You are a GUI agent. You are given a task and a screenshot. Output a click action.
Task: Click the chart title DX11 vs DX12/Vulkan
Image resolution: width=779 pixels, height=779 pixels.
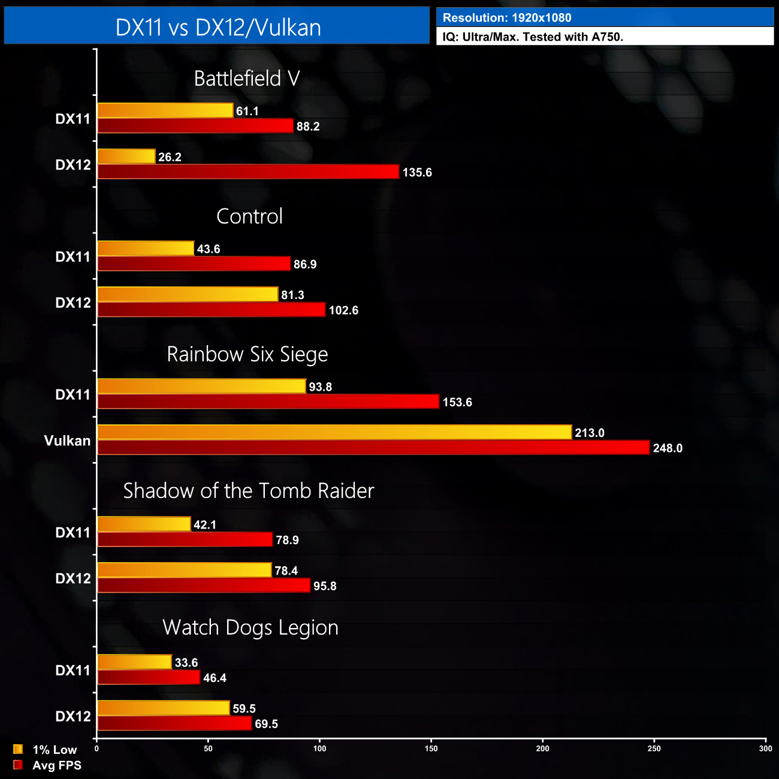tap(218, 28)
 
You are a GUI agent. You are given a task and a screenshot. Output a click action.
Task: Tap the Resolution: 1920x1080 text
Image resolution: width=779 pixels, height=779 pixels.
tap(507, 18)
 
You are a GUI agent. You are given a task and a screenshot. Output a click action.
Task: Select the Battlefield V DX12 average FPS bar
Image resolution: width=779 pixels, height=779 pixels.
tap(248, 172)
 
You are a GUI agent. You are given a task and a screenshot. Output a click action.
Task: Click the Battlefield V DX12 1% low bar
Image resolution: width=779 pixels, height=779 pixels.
tap(126, 156)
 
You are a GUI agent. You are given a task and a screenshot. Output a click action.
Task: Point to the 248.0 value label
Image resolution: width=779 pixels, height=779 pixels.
tap(668, 448)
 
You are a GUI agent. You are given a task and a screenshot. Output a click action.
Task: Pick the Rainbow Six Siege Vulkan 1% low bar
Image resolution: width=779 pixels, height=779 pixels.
tap(334, 432)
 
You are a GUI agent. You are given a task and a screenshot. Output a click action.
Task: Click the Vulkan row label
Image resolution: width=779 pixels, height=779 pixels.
tap(67, 441)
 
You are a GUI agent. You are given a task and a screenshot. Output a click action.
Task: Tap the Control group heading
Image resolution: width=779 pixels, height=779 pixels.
tap(249, 216)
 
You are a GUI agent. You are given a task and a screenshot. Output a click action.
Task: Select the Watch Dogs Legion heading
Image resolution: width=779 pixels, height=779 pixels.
tap(250, 627)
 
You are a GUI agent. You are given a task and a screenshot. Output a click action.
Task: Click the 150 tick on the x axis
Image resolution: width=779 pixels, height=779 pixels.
tap(431, 748)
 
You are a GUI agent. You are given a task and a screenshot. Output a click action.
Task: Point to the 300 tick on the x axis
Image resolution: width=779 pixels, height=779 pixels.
tap(765, 748)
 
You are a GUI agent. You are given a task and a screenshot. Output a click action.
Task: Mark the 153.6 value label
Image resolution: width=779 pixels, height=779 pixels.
tap(457, 402)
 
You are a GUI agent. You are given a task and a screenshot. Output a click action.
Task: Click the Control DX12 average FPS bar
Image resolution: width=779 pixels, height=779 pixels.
tap(212, 310)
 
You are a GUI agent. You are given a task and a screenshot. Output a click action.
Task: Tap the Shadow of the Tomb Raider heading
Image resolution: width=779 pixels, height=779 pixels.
tap(249, 491)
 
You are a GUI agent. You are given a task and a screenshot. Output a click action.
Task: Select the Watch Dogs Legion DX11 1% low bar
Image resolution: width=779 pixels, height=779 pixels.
tap(135, 662)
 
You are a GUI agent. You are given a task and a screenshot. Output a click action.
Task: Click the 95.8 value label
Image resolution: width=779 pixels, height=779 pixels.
tap(325, 586)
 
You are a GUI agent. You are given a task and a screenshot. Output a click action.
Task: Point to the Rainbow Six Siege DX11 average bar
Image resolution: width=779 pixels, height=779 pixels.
tap(268, 401)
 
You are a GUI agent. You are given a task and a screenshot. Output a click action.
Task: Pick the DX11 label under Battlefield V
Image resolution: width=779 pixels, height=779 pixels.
tap(73, 119)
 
